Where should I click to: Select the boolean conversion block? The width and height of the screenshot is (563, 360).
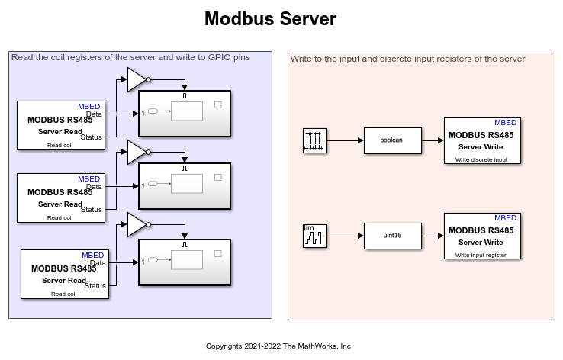[x=391, y=140]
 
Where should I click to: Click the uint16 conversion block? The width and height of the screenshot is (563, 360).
[x=392, y=236]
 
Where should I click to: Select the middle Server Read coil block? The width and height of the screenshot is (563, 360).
[x=60, y=198]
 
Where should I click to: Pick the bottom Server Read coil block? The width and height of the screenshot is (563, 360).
[x=64, y=273]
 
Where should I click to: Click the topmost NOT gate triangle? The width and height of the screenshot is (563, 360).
[x=136, y=79]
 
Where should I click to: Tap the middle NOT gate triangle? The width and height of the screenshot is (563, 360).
[x=136, y=151]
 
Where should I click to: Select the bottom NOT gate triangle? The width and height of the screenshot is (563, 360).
[x=136, y=224]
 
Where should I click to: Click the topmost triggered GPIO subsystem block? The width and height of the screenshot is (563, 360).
[x=185, y=113]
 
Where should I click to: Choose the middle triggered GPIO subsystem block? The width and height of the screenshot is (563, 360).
[x=185, y=185]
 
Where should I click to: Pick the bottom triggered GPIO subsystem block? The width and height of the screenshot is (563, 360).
[x=185, y=262]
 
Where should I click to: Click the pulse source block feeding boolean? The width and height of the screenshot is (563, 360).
[x=314, y=141]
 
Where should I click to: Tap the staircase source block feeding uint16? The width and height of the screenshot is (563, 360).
[x=314, y=236]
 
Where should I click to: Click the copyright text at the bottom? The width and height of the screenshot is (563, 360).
[x=278, y=346]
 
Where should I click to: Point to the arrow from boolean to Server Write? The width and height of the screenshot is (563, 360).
[x=432, y=140]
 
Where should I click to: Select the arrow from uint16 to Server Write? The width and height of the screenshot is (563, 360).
[x=433, y=236]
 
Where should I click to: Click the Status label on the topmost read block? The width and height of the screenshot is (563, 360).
[x=91, y=137]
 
